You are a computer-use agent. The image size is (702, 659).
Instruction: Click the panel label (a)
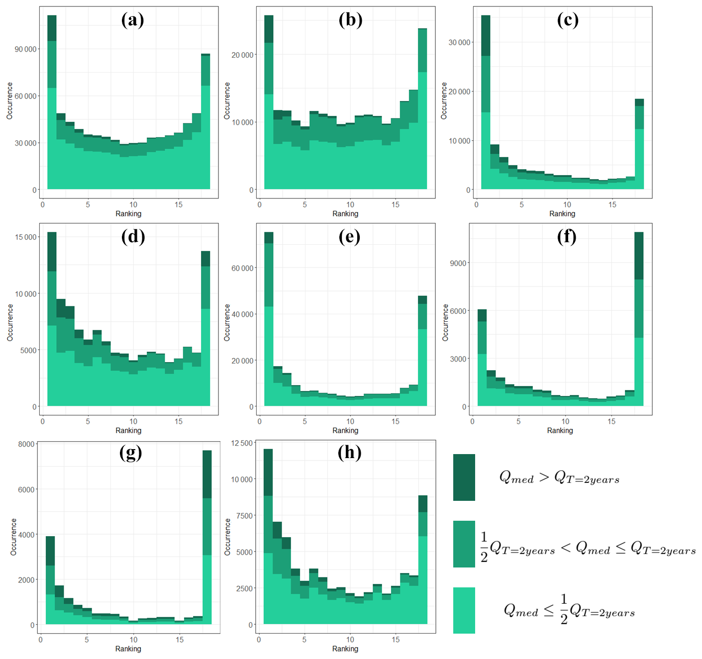coord(133,20)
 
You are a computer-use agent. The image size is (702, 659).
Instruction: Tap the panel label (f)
coord(567,236)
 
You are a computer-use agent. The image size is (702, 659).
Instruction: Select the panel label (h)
coord(349,452)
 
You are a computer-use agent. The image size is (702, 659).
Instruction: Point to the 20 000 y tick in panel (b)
coord(243,55)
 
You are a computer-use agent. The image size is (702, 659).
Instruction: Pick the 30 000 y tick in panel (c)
coord(460,43)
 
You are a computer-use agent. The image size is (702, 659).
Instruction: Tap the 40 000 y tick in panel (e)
coord(243,314)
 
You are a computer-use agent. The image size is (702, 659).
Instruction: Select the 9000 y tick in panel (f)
coord(458,263)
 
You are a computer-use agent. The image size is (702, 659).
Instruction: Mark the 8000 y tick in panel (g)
coord(26,444)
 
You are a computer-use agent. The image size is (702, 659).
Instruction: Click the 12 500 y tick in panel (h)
coord(242,443)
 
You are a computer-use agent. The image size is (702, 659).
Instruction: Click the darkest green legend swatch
coord(464,477)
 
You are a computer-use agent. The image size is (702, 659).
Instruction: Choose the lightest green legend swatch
coord(464,610)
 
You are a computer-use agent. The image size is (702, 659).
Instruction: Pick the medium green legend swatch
coord(464,544)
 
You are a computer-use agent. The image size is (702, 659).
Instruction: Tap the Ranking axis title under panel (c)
coord(562,214)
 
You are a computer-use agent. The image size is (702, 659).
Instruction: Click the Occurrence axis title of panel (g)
coord(13,537)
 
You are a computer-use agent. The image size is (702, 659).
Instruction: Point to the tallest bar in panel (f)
coord(639,318)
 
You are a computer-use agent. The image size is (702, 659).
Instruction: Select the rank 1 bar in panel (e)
coord(269,318)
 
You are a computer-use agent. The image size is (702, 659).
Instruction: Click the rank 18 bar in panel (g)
coord(207,537)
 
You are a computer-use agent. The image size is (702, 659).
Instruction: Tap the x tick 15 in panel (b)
coord(396,204)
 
